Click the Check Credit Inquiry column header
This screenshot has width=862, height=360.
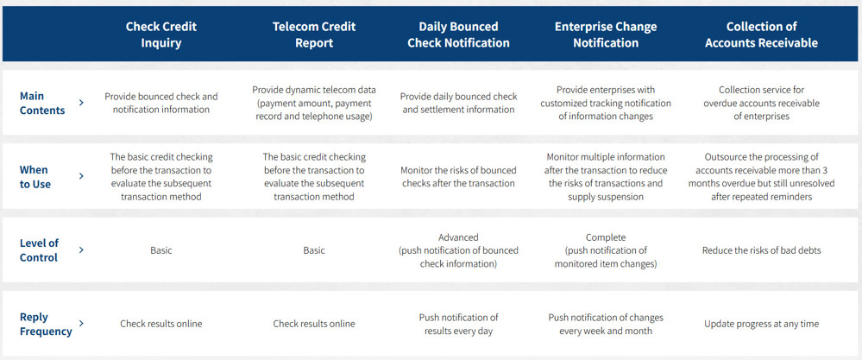[x=161, y=35]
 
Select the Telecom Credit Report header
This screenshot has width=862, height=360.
[x=314, y=35]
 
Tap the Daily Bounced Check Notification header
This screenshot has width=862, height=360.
[x=458, y=35]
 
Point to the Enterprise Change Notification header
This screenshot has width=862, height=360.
[x=606, y=35]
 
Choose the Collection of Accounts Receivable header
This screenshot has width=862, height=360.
[x=761, y=35]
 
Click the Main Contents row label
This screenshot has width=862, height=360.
[x=42, y=103]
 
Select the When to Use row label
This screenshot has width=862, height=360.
[x=35, y=176]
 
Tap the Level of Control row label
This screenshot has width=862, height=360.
[x=39, y=250]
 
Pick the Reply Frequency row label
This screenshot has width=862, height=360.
[x=46, y=325]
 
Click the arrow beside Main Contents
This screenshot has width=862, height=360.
[x=81, y=102]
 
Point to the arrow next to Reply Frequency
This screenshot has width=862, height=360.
[x=81, y=323]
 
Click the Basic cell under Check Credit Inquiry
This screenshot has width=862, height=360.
[x=161, y=250]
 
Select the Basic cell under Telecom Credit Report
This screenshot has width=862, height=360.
[x=314, y=250]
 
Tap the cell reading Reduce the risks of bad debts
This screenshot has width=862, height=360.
[x=761, y=250]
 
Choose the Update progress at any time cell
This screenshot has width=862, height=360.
[x=761, y=324]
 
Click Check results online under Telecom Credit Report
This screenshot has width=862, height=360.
[x=314, y=324]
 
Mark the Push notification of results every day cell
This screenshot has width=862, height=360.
[x=458, y=325]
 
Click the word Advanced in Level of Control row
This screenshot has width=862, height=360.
[x=458, y=237]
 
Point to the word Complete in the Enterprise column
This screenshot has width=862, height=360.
[x=606, y=237]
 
